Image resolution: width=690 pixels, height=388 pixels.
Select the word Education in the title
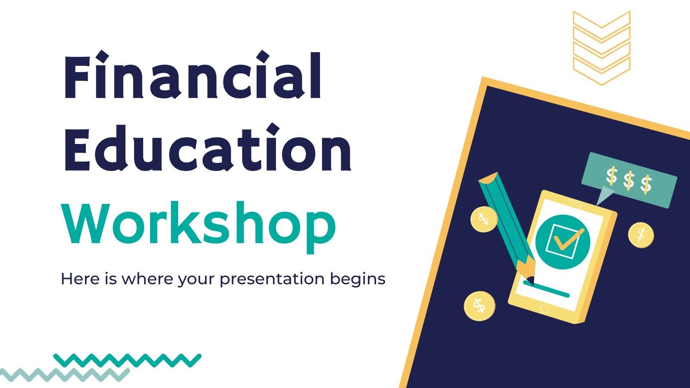coord(207,149)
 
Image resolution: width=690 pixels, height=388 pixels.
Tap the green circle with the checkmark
coord(562,242)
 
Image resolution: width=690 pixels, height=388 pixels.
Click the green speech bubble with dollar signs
coord(629,179)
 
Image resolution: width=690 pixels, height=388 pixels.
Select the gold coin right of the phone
coord(641,235)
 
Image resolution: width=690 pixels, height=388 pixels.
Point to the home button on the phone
coord(544,309)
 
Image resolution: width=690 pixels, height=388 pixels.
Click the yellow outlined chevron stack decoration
coord(601,47)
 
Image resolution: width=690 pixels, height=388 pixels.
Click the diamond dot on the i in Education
coord(273,129)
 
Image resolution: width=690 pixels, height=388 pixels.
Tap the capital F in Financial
coord(78,78)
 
